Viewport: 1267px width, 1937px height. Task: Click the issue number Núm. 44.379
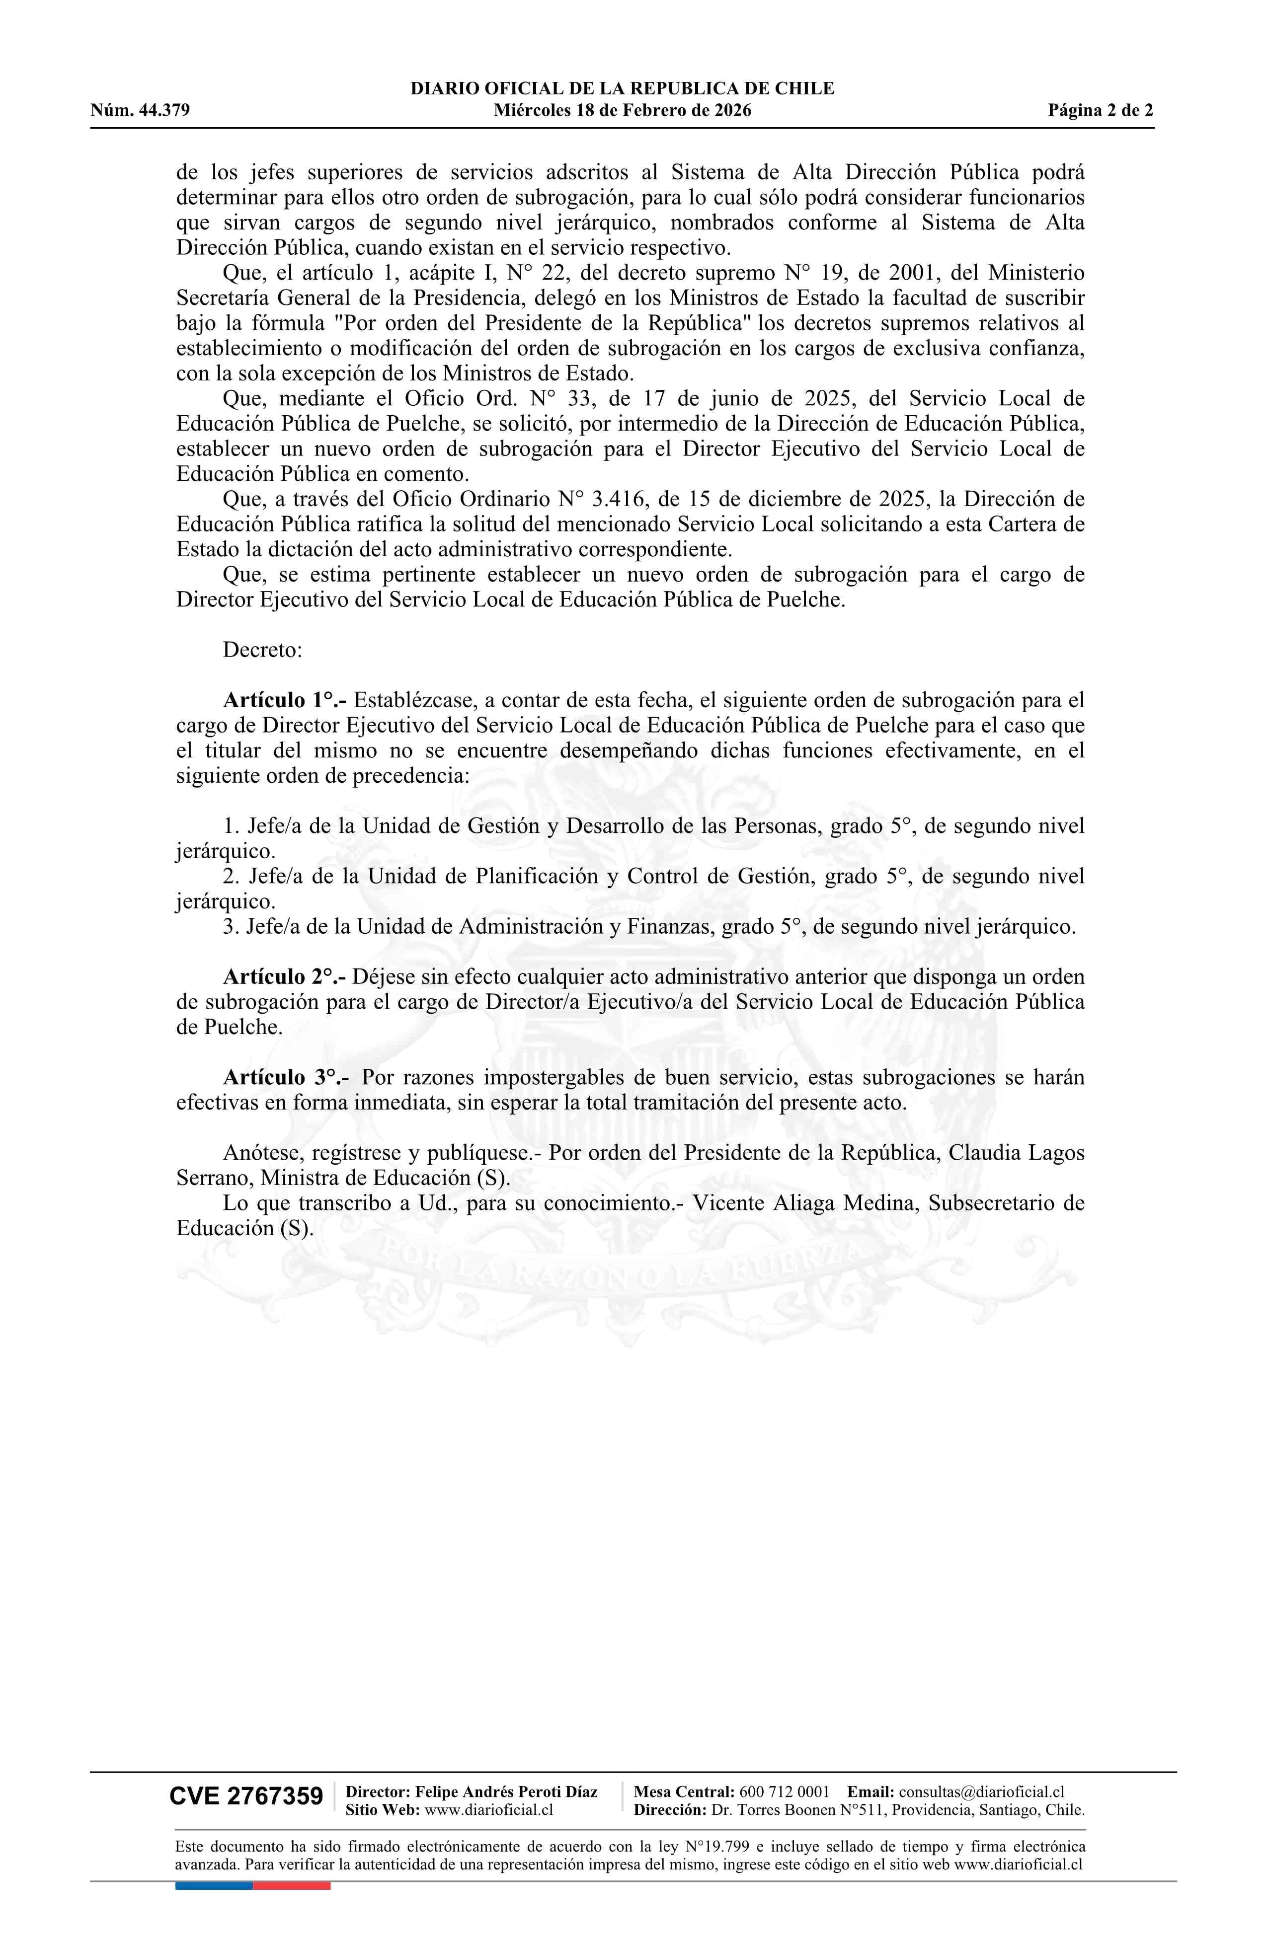[x=140, y=111]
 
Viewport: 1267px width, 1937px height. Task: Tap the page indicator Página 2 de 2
[x=1100, y=111]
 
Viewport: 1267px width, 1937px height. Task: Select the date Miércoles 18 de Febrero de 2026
[x=622, y=111]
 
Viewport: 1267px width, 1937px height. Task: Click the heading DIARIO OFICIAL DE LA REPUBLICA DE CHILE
[x=622, y=89]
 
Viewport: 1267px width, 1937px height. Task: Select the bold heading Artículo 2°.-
[x=285, y=976]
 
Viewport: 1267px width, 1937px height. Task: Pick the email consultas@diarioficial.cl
[x=981, y=1791]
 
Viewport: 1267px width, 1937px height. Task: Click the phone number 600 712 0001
[x=784, y=1791]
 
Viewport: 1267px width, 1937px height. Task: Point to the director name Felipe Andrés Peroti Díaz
[x=506, y=1791]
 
